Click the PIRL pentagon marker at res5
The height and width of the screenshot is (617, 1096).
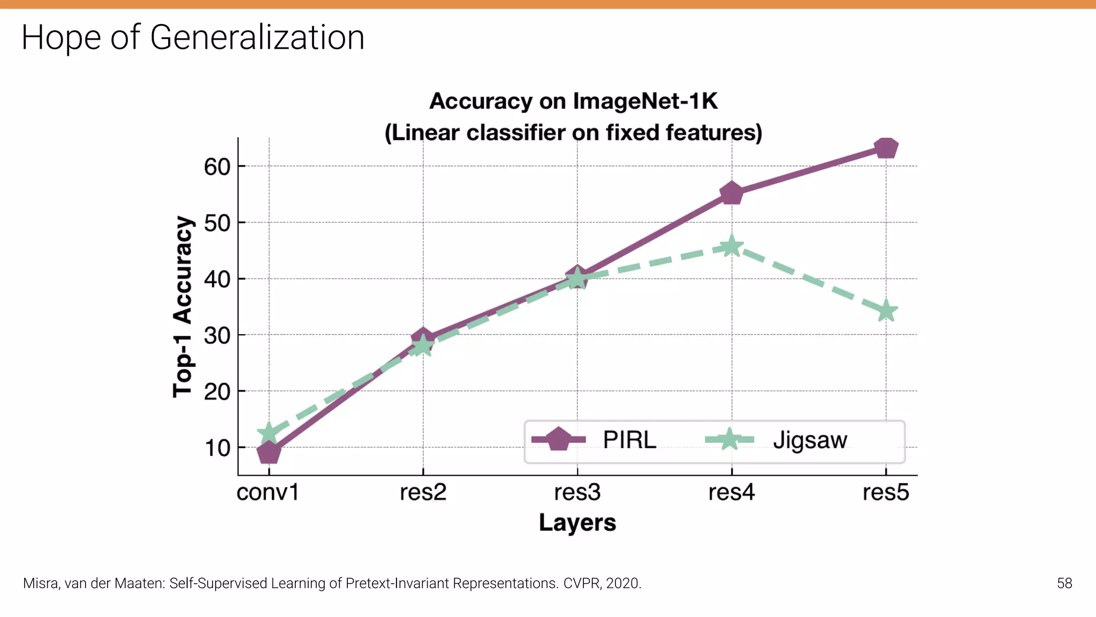886,148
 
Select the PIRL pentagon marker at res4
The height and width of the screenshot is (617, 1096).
732,193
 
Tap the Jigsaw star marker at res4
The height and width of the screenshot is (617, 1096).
731,246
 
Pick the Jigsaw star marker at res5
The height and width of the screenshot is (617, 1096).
886,311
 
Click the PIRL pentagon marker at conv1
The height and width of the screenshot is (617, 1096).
269,453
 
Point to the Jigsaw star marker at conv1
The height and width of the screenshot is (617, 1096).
268,433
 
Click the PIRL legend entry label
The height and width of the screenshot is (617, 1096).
629,440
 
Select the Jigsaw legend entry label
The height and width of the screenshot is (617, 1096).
810,440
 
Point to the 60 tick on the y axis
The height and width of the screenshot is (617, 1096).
217,167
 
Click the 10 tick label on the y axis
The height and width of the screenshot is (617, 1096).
217,448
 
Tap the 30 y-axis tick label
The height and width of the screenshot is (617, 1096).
217,336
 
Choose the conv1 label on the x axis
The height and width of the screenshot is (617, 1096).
268,492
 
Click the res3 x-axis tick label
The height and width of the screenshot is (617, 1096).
577,492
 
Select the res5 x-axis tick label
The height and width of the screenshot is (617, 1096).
886,492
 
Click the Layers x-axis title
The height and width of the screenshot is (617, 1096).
577,523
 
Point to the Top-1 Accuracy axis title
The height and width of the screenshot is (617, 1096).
182,306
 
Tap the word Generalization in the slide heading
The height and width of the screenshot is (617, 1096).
257,37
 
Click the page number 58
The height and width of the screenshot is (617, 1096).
1064,583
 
